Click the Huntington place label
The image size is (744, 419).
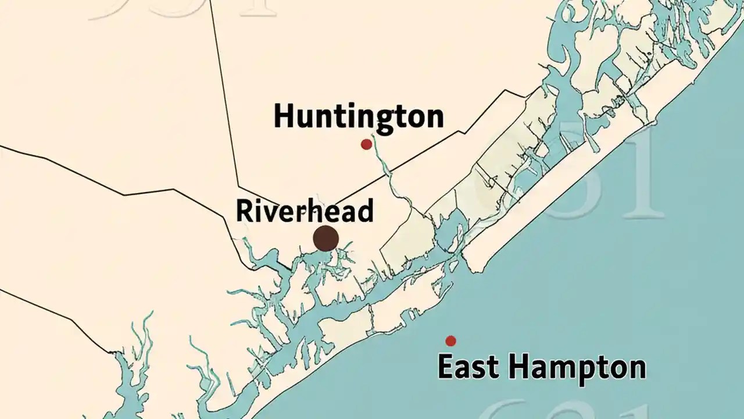[359, 116]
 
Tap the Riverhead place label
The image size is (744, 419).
[304, 211]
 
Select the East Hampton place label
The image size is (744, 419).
[541, 368]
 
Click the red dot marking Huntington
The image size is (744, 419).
[366, 144]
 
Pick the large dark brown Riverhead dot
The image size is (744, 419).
[325, 238]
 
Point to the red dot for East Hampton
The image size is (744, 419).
[450, 340]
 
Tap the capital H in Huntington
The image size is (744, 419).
[284, 116]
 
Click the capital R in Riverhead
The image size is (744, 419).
[244, 211]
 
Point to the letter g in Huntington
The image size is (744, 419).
[385, 120]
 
